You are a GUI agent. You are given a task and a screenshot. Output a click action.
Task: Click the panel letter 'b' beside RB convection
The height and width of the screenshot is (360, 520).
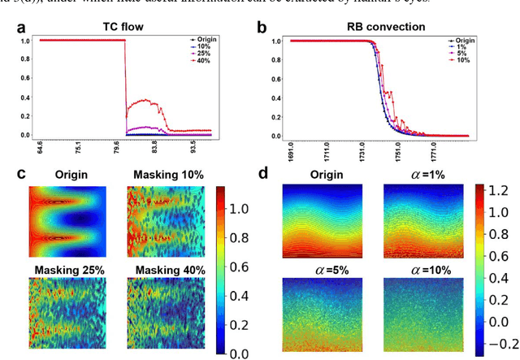coord(262,28)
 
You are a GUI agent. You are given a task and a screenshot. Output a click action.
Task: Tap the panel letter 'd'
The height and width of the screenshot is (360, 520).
coord(262,172)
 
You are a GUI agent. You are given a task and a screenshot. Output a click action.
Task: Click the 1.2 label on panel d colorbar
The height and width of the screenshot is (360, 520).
coord(502,190)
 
